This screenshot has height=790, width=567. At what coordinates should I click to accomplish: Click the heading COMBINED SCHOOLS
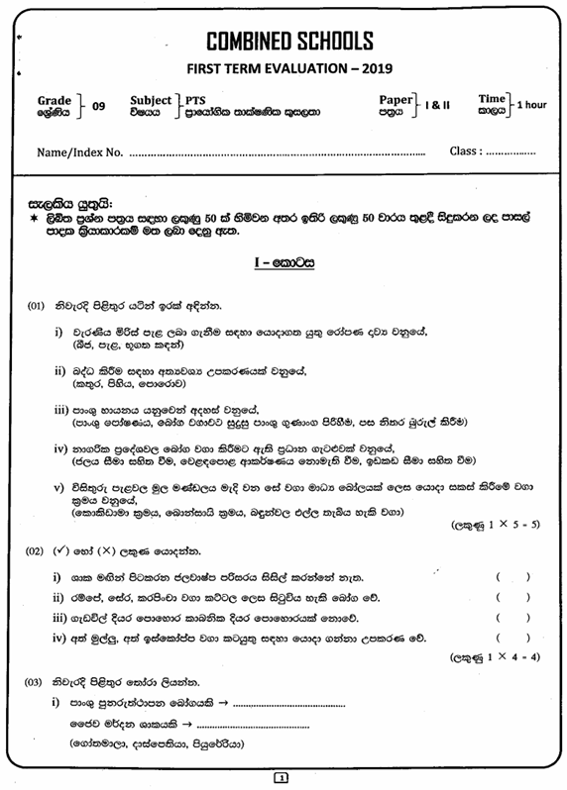tap(289, 41)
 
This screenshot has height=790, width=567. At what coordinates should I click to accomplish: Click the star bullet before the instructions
tap(35, 214)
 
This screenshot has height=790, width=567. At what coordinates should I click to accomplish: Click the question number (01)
tap(37, 308)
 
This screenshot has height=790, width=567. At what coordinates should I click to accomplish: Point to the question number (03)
tap(37, 682)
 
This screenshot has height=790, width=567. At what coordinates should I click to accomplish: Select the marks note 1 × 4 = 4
tap(509, 656)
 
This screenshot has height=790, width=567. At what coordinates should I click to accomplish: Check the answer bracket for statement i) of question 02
tap(513, 576)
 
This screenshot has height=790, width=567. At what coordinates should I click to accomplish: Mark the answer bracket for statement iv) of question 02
tap(513, 639)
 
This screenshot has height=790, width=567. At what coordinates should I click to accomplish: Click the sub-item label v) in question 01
tap(58, 486)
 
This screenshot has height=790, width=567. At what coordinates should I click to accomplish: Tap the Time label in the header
tap(492, 99)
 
